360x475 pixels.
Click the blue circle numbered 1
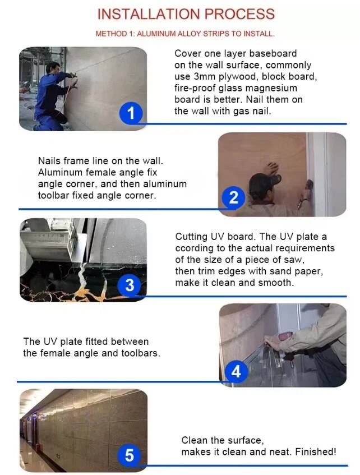click(131, 113)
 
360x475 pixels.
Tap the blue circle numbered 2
click(233, 198)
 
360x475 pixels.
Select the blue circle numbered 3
click(130, 285)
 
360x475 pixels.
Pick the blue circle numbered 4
click(236, 371)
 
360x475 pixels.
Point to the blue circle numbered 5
click(130, 455)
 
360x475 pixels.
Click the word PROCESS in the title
click(239, 14)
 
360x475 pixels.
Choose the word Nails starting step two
click(49, 160)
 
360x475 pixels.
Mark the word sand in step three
click(280, 271)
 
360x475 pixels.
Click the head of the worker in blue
click(53, 67)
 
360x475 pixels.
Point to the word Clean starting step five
click(193, 440)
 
